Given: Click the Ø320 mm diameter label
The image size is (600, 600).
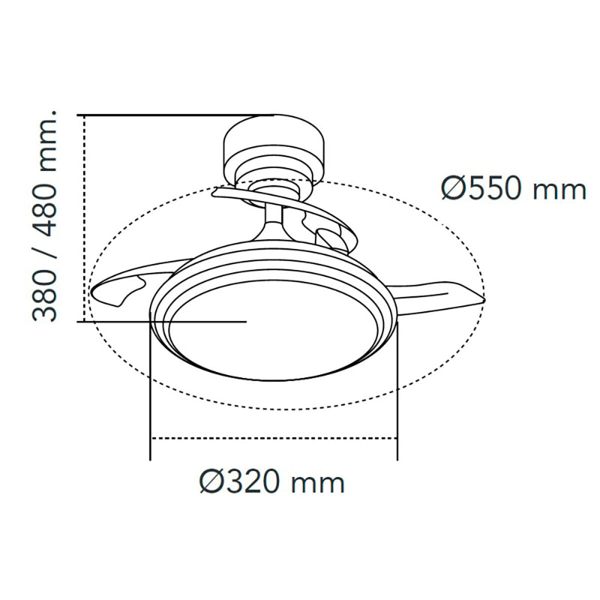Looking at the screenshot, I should [272, 483].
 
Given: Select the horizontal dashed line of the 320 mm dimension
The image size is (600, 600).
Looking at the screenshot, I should [273, 438].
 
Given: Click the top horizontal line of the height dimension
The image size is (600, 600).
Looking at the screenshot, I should [175, 115].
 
